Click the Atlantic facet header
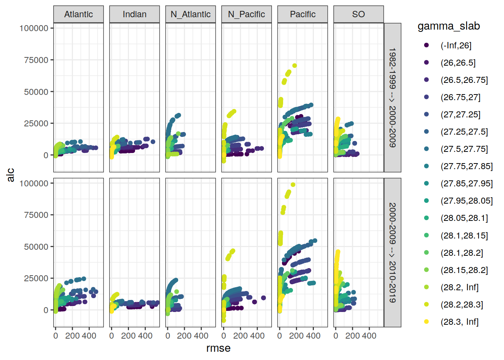click(78, 14)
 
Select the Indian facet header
click(134, 14)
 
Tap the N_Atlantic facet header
click(190, 14)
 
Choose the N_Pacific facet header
click(246, 14)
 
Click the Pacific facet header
click(303, 14)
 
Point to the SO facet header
click(358, 14)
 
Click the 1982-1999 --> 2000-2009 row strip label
click(392, 97)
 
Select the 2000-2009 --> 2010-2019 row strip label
click(392, 252)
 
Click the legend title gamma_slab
click(448, 26)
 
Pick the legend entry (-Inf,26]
click(456, 45)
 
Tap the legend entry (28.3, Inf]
click(459, 322)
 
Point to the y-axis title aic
click(10, 175)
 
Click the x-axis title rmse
click(218, 348)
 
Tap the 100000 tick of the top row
click(34, 28)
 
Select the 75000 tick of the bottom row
click(36, 215)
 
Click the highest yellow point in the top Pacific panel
click(294, 66)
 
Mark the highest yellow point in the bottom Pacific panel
click(293, 184)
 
